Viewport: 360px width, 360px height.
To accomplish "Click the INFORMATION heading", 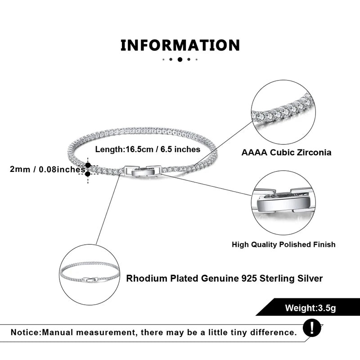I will point(180,45).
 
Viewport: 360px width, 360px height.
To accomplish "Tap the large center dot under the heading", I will point(180,59).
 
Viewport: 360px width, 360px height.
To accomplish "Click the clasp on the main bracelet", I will point(142,170).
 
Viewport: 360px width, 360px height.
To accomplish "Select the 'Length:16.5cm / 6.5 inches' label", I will point(148,149).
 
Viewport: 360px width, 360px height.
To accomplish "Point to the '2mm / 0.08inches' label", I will point(47,170).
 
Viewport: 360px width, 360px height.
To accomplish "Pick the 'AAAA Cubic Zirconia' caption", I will point(286,152).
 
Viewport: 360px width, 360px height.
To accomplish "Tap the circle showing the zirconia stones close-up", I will point(283,112).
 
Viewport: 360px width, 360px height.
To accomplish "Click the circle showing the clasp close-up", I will point(283,202).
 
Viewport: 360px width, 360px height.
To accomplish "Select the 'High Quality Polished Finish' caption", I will point(283,244).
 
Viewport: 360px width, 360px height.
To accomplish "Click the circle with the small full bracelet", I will point(90,275).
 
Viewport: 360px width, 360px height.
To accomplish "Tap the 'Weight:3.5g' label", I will point(310,308).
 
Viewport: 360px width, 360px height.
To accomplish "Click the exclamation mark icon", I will point(312,327).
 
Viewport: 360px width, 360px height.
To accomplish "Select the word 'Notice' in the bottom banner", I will point(26,333).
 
